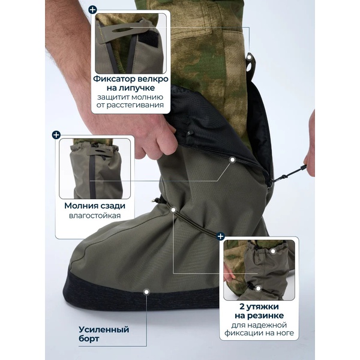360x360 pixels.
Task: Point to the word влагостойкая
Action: point(95,215)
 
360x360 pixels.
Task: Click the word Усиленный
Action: point(104,329)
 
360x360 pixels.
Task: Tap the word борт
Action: point(89,339)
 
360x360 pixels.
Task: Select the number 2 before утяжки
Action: point(242,307)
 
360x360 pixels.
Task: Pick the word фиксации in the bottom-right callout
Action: point(242,333)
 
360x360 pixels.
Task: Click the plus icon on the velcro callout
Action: point(92,10)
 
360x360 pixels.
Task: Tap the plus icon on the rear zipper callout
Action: point(56,135)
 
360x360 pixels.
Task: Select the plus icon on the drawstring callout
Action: point(221,236)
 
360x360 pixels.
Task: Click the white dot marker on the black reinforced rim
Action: point(146,292)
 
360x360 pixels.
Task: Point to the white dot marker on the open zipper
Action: point(233,160)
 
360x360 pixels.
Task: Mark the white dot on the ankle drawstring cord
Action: point(173,209)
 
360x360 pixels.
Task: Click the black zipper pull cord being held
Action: point(290,173)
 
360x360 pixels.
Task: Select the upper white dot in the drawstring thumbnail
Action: point(273,251)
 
